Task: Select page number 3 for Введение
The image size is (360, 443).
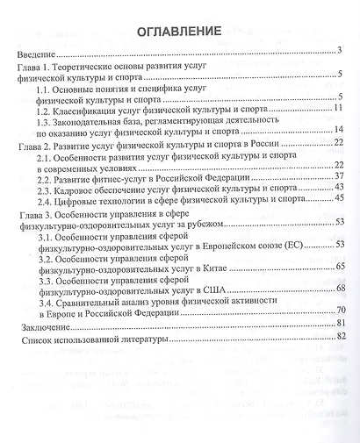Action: pos(338,52)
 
